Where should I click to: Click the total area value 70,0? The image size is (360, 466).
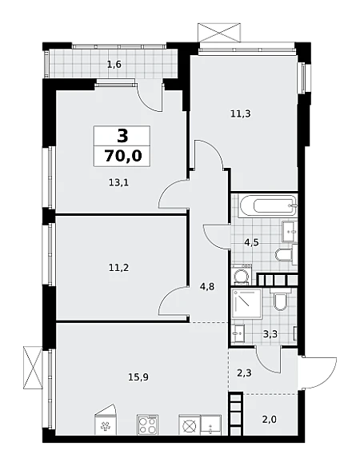pos(122,156)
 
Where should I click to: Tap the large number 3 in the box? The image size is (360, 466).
pos(122,136)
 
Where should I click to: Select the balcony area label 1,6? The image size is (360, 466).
pos(114,64)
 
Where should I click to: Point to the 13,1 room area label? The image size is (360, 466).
pos(118,182)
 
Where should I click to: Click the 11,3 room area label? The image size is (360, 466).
pos(240,114)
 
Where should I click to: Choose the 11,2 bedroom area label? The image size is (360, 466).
pos(118,268)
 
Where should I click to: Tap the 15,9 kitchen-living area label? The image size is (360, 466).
pos(138,377)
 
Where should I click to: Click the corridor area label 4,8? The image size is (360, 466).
pos(208,287)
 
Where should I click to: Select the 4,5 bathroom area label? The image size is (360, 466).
pos(251,242)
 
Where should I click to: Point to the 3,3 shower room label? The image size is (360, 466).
pos(270,334)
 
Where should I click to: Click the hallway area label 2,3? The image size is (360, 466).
pos(245,372)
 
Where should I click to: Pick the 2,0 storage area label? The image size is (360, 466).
pos(270,420)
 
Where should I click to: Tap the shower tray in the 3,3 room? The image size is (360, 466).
pos(246,303)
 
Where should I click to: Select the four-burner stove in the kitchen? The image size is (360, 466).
pos(147,425)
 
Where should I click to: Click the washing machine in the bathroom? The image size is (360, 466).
pos(242,274)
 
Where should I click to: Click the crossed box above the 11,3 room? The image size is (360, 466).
pos(218,31)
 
